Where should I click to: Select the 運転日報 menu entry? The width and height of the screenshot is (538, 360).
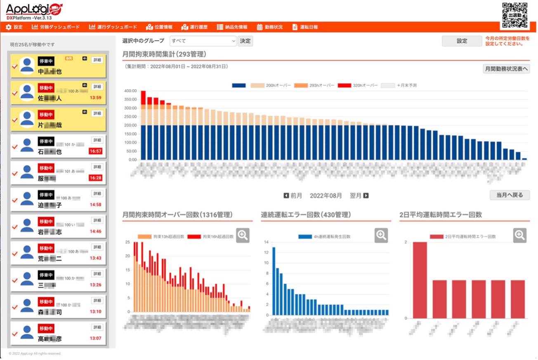coord(305,27)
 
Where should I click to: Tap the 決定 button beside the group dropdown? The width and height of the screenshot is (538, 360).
coord(245,41)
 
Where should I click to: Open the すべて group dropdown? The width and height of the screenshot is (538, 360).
coord(203,41)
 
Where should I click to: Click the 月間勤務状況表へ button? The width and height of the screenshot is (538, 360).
coord(506,69)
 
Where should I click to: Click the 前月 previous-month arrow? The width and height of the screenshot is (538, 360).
coord(286,195)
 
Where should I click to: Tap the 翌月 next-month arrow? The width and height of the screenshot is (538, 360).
coord(366,195)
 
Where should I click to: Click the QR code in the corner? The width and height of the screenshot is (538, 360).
coord(514,15)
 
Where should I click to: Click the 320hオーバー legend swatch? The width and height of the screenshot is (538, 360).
coord(344,85)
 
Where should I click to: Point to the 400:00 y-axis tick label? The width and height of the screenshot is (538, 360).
coord(131,91)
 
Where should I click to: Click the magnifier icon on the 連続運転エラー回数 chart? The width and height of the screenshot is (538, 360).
coord(381,235)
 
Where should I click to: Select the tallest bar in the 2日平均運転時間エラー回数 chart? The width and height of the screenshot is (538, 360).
coord(420,280)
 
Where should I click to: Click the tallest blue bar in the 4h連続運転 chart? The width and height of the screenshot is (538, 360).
coord(274,281)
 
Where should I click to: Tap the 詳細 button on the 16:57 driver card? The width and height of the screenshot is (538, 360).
coord(97,140)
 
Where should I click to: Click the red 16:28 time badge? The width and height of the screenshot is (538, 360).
coord(95,178)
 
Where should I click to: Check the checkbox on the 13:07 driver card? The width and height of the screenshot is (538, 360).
coord(15,334)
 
